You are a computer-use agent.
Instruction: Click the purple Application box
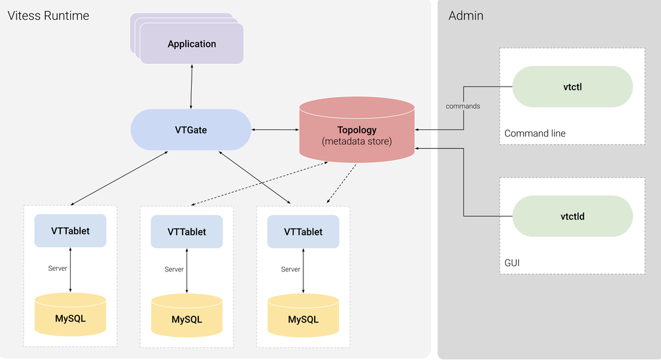pyautogui.click(x=192, y=44)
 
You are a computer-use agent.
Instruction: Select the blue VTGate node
pyautogui.click(x=191, y=129)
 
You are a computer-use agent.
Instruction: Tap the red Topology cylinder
pyautogui.click(x=357, y=129)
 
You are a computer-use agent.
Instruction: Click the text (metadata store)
pyautogui.click(x=357, y=141)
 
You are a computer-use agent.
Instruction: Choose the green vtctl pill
pyautogui.click(x=572, y=87)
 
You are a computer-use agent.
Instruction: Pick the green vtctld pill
pyautogui.click(x=572, y=216)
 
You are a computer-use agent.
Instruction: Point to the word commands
pyautogui.click(x=463, y=106)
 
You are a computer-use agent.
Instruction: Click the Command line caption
pyautogui.click(x=535, y=133)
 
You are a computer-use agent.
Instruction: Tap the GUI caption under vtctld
pyautogui.click(x=512, y=263)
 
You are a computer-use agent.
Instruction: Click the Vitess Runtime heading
pyautogui.click(x=48, y=15)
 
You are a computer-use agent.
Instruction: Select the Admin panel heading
pyautogui.click(x=466, y=15)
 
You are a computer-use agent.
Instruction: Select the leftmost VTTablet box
pyautogui.click(x=70, y=231)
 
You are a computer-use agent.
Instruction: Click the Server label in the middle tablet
pyautogui.click(x=174, y=270)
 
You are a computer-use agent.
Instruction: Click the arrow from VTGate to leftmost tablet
pyautogui.click(x=119, y=178)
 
